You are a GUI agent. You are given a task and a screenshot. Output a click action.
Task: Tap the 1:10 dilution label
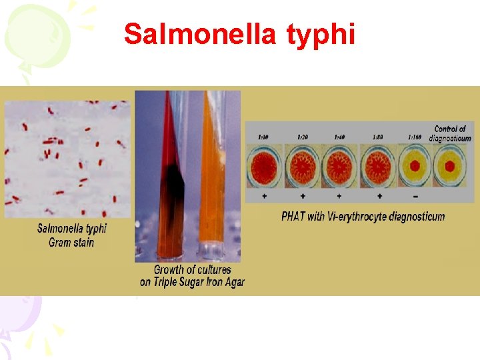coord(264,137)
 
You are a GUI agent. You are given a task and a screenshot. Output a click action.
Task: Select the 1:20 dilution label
coord(302,137)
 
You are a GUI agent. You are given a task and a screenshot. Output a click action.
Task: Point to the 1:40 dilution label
coord(339,137)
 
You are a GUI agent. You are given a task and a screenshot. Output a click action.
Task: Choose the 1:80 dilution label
coord(377,137)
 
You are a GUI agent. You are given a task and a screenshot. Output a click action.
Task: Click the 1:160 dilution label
coord(415,137)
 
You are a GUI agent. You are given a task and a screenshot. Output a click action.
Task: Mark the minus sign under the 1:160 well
coord(416,196)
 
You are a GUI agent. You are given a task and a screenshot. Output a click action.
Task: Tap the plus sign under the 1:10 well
coord(265,196)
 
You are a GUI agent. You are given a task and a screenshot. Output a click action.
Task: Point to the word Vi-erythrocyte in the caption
coord(363,216)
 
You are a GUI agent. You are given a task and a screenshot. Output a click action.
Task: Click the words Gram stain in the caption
coord(71,243)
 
